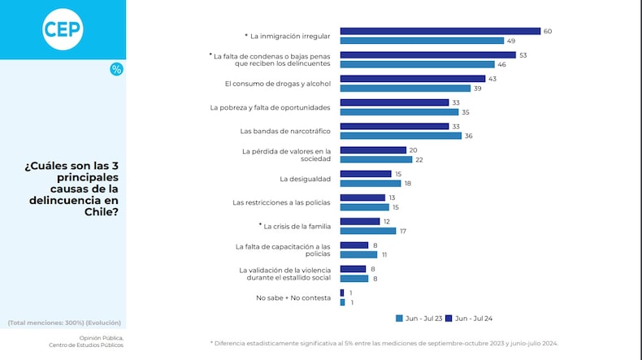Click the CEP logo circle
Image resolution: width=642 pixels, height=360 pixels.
63,29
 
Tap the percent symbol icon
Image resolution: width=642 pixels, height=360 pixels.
116,69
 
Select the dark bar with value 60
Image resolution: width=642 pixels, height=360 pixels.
440,32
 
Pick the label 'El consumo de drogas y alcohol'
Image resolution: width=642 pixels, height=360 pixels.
277,84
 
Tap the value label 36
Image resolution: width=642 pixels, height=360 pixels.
468,136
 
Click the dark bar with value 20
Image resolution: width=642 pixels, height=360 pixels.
373,150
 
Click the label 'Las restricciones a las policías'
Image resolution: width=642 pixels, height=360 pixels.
281,202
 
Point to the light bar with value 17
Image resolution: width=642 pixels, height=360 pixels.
368,231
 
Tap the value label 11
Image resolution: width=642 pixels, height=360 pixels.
384,254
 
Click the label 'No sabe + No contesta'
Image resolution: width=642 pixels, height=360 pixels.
293,297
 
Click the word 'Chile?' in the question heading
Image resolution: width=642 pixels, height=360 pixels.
101,211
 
